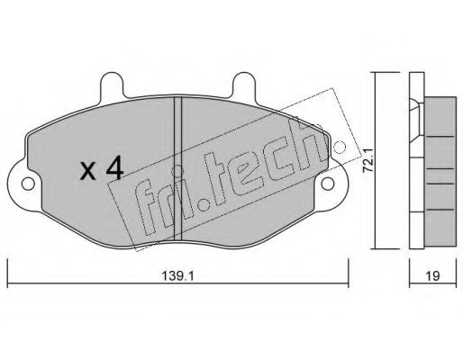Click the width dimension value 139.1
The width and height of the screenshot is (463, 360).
[178, 275]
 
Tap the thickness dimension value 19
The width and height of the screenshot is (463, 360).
[432, 275]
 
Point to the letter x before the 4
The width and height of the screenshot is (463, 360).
[88, 172]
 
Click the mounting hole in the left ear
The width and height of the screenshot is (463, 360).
[28, 184]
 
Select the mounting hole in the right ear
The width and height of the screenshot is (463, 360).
[328, 184]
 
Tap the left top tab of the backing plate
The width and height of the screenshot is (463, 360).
[113, 85]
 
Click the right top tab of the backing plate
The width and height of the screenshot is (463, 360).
[244, 85]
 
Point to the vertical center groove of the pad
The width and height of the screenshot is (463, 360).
[178, 168]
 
